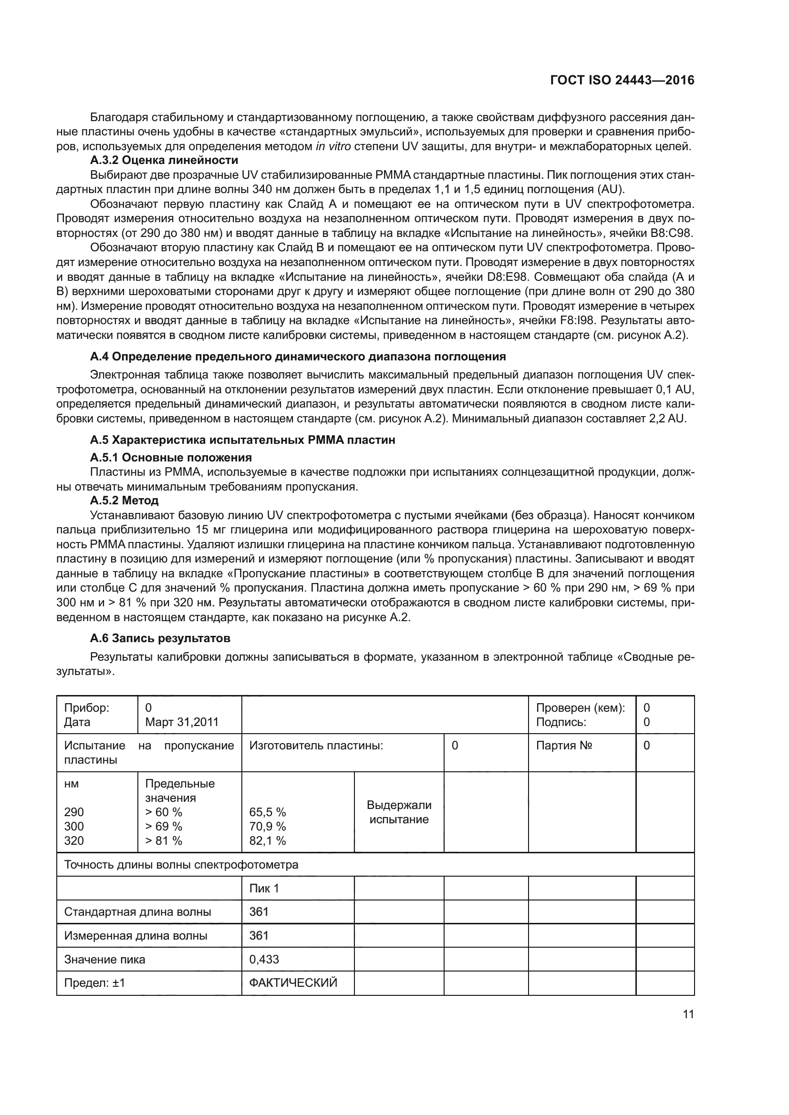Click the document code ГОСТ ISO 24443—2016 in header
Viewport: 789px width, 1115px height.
pyautogui.click(x=622, y=81)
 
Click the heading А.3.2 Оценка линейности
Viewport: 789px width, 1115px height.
pyautogui.click(x=164, y=160)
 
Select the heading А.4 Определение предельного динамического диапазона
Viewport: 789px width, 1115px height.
pyautogui.click(x=298, y=357)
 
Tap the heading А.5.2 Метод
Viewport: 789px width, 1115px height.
pyautogui.click(x=124, y=500)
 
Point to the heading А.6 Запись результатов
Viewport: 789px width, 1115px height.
pyautogui.click(x=160, y=638)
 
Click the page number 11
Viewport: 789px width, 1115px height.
pyautogui.click(x=688, y=1014)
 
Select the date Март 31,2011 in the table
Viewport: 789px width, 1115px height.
pyautogui.click(x=182, y=722)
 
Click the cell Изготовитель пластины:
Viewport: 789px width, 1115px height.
pyautogui.click(x=316, y=746)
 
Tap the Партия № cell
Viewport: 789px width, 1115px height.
pyautogui.click(x=563, y=746)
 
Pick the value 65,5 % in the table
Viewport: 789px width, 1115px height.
pyautogui.click(x=267, y=812)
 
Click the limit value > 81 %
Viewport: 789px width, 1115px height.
pyautogui.click(x=164, y=840)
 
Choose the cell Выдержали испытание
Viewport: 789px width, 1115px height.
pyautogui.click(x=399, y=812)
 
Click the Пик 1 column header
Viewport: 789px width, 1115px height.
pyautogui.click(x=264, y=888)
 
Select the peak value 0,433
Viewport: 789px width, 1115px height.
pyautogui.click(x=264, y=959)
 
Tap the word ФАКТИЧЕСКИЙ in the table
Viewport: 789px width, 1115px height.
pyautogui.click(x=293, y=983)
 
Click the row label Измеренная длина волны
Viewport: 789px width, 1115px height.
pyautogui.click(x=135, y=935)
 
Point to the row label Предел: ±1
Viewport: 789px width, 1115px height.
pyautogui.click(x=95, y=983)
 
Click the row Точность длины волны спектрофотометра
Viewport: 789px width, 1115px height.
pyautogui.click(x=181, y=864)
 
